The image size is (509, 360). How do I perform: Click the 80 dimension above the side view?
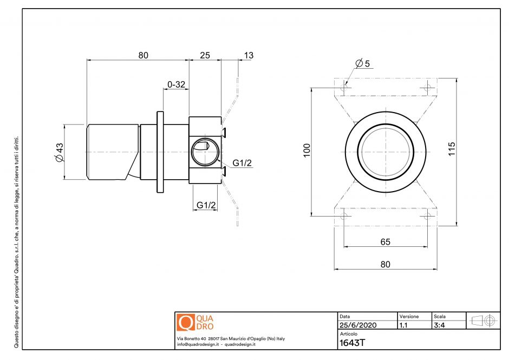[143, 55]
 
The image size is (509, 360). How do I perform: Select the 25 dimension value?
[205, 55]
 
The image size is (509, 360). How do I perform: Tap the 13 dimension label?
[249, 55]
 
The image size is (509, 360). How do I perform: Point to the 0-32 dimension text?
[177, 84]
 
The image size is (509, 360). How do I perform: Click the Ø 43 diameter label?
[59, 152]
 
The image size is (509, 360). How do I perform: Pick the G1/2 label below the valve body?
[206, 205]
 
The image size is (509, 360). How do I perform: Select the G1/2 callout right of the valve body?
[242, 163]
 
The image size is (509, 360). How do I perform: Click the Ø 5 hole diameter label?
[363, 63]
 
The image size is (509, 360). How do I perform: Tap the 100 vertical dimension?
[306, 150]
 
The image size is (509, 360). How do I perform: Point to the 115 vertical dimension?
[452, 149]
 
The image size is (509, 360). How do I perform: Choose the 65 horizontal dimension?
[385, 242]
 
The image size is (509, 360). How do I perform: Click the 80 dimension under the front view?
[385, 264]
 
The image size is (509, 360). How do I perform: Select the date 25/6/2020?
[358, 325]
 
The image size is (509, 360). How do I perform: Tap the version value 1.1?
[403, 325]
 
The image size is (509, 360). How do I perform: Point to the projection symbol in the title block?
[484, 320]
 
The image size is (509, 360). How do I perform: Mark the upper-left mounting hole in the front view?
[344, 86]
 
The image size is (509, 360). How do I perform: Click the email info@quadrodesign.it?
[198, 344]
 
